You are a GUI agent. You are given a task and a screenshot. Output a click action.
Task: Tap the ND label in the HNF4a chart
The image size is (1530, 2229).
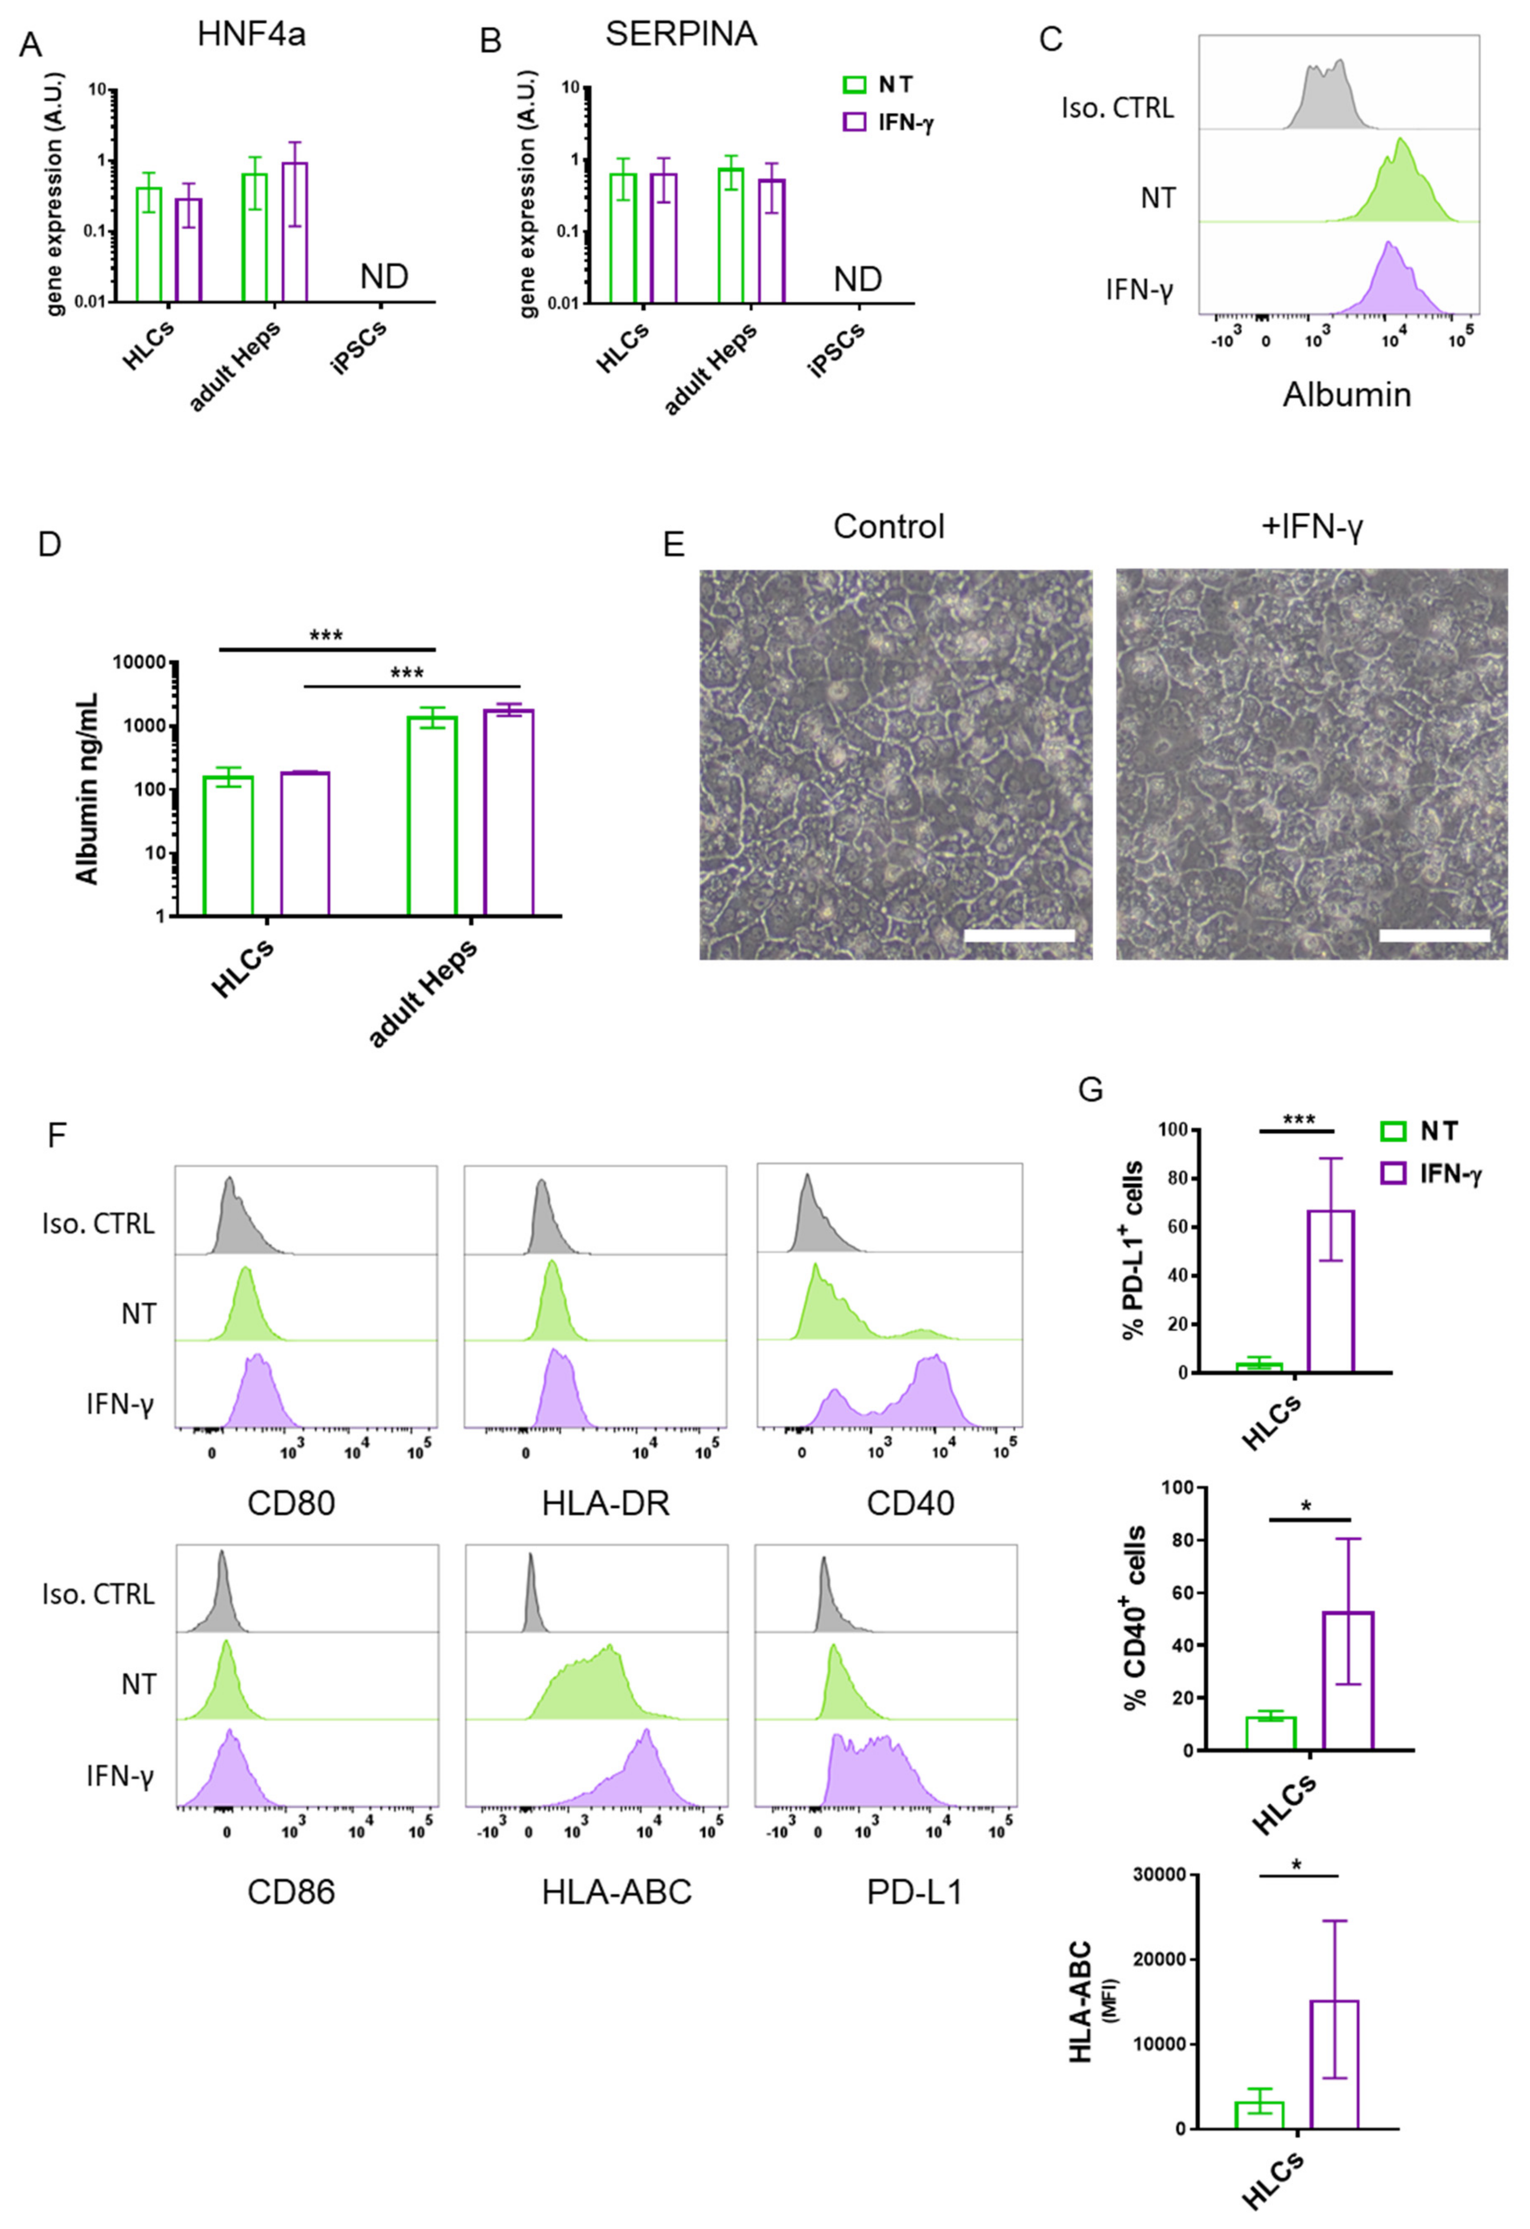pyautogui.click(x=384, y=277)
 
